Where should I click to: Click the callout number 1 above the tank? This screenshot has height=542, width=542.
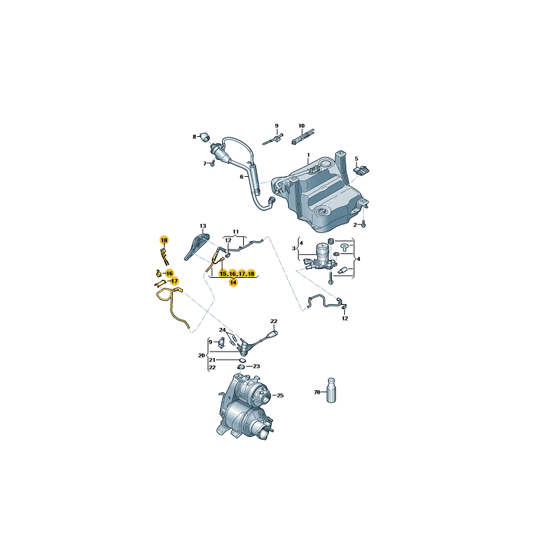coord(308,155)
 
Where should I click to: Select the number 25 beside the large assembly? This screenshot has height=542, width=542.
coord(280,395)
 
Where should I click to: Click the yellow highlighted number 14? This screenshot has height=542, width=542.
coord(232,283)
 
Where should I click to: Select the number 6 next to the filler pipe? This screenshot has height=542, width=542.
coord(241,177)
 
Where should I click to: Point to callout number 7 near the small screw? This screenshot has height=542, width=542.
coord(204,163)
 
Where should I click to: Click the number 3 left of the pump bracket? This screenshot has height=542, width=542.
coord(293,249)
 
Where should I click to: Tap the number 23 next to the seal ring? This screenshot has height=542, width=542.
coord(257,366)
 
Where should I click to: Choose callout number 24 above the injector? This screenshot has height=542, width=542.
coord(222,330)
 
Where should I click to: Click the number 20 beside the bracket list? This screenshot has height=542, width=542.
coord(201,355)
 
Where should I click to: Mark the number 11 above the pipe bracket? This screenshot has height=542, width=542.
coord(236,231)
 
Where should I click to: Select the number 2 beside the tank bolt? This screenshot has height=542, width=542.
coord(354,224)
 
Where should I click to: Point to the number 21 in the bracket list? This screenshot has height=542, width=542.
coord(212,360)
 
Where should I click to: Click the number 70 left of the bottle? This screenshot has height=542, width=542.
coord(316,392)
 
